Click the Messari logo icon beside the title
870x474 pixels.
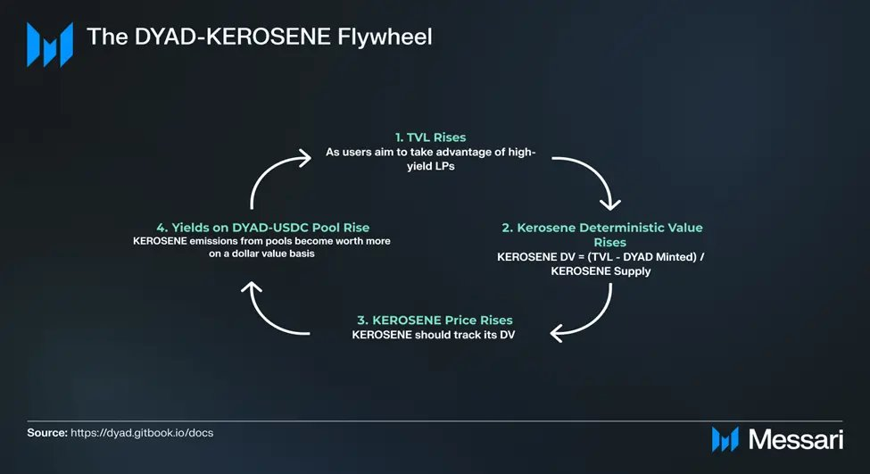point(50,45)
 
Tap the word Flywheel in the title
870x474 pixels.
point(385,37)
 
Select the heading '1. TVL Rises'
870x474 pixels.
point(431,137)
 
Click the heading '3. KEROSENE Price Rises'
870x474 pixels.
point(435,320)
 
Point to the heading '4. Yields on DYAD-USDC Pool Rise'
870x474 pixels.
point(263,228)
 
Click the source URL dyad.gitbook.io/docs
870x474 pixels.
point(142,433)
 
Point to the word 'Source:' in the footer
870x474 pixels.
point(47,433)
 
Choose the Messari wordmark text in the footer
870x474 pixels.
point(796,439)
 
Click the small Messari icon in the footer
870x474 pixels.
point(725,439)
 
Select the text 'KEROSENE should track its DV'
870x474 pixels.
point(434,335)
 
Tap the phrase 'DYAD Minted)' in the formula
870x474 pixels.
point(659,257)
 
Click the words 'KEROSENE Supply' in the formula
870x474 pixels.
point(601,271)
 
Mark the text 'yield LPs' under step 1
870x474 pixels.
point(431,167)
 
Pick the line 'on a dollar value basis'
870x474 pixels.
point(261,254)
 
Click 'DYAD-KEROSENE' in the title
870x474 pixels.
point(233,37)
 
